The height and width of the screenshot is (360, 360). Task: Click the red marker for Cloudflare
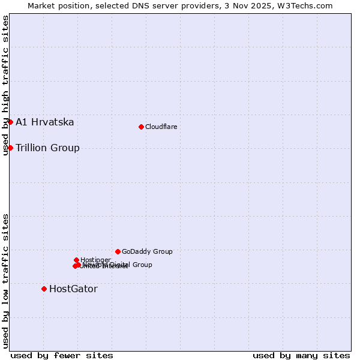point(141,127)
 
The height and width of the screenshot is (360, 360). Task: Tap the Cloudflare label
point(161,127)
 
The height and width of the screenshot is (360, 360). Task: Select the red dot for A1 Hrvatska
point(10,122)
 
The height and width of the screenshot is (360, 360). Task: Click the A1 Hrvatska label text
point(45,122)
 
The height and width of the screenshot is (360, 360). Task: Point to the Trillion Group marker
point(10,148)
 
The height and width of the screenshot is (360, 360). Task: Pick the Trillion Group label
point(47,148)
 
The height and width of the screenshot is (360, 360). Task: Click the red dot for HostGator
point(44,289)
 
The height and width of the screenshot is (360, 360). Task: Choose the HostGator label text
point(73,289)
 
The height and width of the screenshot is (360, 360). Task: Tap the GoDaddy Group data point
point(118,251)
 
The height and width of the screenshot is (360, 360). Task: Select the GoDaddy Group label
point(147,251)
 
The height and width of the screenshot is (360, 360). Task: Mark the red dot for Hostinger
point(76,260)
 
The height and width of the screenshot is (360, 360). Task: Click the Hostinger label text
point(95,260)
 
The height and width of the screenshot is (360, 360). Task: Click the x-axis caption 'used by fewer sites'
point(62,356)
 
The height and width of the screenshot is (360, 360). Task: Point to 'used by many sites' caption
point(301,356)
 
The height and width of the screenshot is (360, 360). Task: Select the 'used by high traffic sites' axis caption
point(5,85)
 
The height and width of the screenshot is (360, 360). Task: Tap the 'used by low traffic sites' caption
point(5,281)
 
